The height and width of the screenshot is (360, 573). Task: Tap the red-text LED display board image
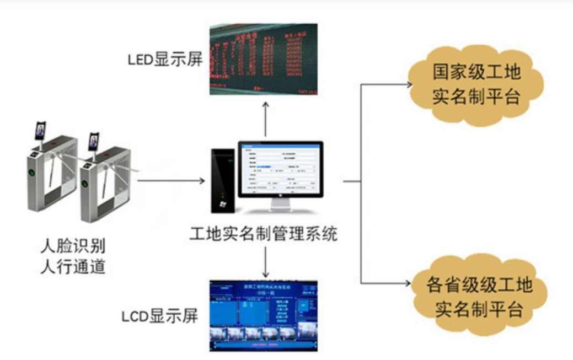(x=264, y=58)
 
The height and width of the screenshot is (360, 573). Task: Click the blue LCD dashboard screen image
(x=264, y=316)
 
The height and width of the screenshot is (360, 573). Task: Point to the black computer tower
(x=222, y=181)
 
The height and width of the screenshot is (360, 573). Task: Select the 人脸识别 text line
(x=74, y=244)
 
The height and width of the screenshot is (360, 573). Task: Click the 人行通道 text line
(x=74, y=267)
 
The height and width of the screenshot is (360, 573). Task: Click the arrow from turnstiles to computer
(x=171, y=180)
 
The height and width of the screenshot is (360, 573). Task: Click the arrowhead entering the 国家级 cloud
(x=409, y=85)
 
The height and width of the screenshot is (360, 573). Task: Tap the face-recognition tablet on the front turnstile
(x=94, y=141)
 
